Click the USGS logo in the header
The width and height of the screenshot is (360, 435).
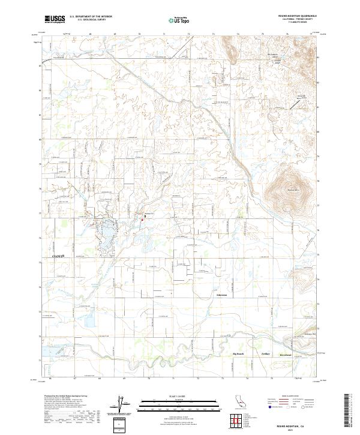55,19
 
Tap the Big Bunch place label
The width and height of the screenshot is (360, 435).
239,354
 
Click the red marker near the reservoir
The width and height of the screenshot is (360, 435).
142,219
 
